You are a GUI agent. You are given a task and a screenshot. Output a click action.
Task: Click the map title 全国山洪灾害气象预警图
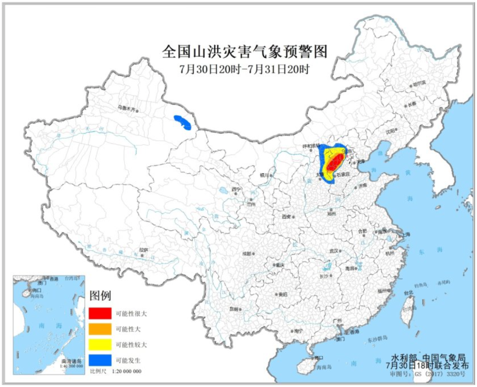tap(244, 52)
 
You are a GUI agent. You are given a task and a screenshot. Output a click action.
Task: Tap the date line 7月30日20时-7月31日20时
tap(244, 69)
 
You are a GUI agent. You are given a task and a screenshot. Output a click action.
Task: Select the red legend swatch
tap(100, 314)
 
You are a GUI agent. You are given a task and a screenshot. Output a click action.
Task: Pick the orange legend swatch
tap(100, 329)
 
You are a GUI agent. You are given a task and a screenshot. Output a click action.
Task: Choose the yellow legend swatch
tap(100, 344)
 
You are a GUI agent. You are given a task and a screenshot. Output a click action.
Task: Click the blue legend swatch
tap(100, 360)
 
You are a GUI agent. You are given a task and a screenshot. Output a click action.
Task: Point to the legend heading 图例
tap(100, 296)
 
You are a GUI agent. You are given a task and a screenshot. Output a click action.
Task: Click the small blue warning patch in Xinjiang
tap(182, 122)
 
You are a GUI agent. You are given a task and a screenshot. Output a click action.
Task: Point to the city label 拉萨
tap(143, 250)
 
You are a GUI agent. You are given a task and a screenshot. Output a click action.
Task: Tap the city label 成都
tap(247, 254)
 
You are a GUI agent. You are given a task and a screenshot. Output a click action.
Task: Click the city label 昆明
tap(234, 309)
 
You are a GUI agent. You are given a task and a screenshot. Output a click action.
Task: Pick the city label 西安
tap(286, 216)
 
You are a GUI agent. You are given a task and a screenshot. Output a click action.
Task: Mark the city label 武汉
tap(334, 251)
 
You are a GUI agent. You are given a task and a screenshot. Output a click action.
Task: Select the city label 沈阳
tap(390, 131)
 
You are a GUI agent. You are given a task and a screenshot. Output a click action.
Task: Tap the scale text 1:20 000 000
tap(126, 371)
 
